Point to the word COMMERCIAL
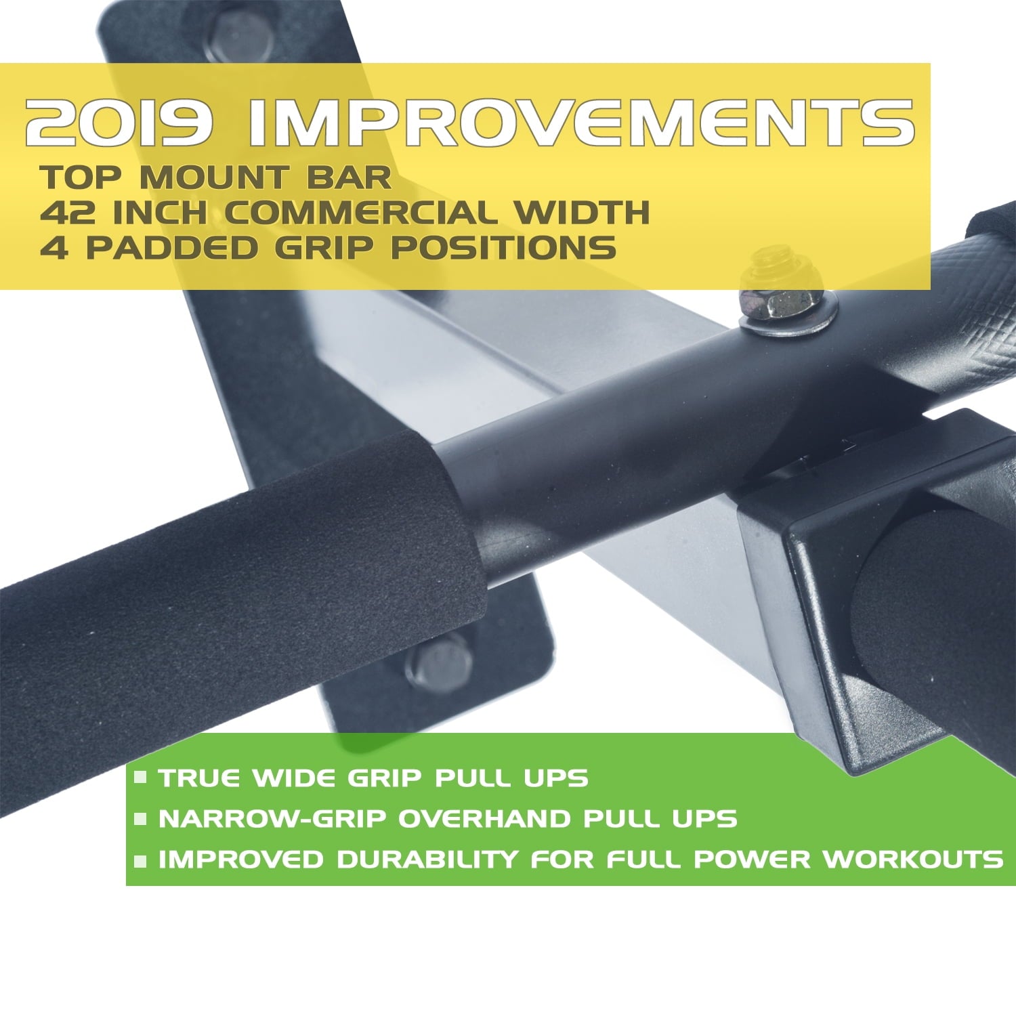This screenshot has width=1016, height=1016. (360, 213)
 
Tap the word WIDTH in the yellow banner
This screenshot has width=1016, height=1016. (581, 213)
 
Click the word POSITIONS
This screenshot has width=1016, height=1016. (503, 248)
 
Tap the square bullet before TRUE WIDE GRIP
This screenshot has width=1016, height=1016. (141, 778)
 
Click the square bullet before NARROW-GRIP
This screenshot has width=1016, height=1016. (141, 819)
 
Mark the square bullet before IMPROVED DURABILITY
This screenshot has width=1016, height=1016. (141, 861)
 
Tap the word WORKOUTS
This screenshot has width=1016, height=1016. (912, 860)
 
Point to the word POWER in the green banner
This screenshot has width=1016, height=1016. (751, 860)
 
